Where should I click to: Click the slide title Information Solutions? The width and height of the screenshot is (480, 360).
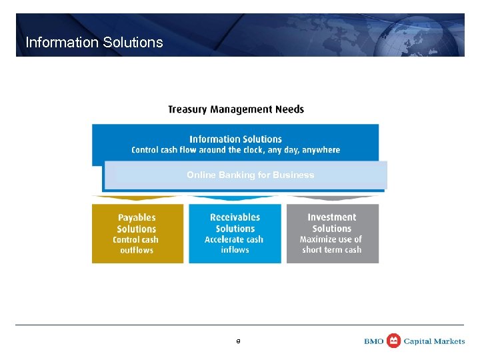tap(94, 43)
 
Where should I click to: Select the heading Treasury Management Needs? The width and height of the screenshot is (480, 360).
tap(235, 109)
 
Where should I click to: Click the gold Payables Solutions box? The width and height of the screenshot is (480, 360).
tap(137, 233)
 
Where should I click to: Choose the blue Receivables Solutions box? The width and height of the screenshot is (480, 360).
tap(235, 233)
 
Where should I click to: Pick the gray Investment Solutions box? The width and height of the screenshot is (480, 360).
tap(332, 233)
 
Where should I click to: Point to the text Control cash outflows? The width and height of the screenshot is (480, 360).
tap(136, 245)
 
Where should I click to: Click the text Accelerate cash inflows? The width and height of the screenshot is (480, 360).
tap(234, 245)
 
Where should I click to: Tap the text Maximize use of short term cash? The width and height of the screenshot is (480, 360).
tap(331, 245)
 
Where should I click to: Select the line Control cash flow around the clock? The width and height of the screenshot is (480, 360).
tap(235, 150)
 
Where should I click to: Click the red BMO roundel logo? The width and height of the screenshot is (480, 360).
tap(394, 341)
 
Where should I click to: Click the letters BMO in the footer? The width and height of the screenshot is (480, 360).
tap(374, 341)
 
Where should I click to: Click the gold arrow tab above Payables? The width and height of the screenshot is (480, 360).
tap(136, 198)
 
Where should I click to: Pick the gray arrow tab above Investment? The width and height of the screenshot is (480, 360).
tap(331, 198)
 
